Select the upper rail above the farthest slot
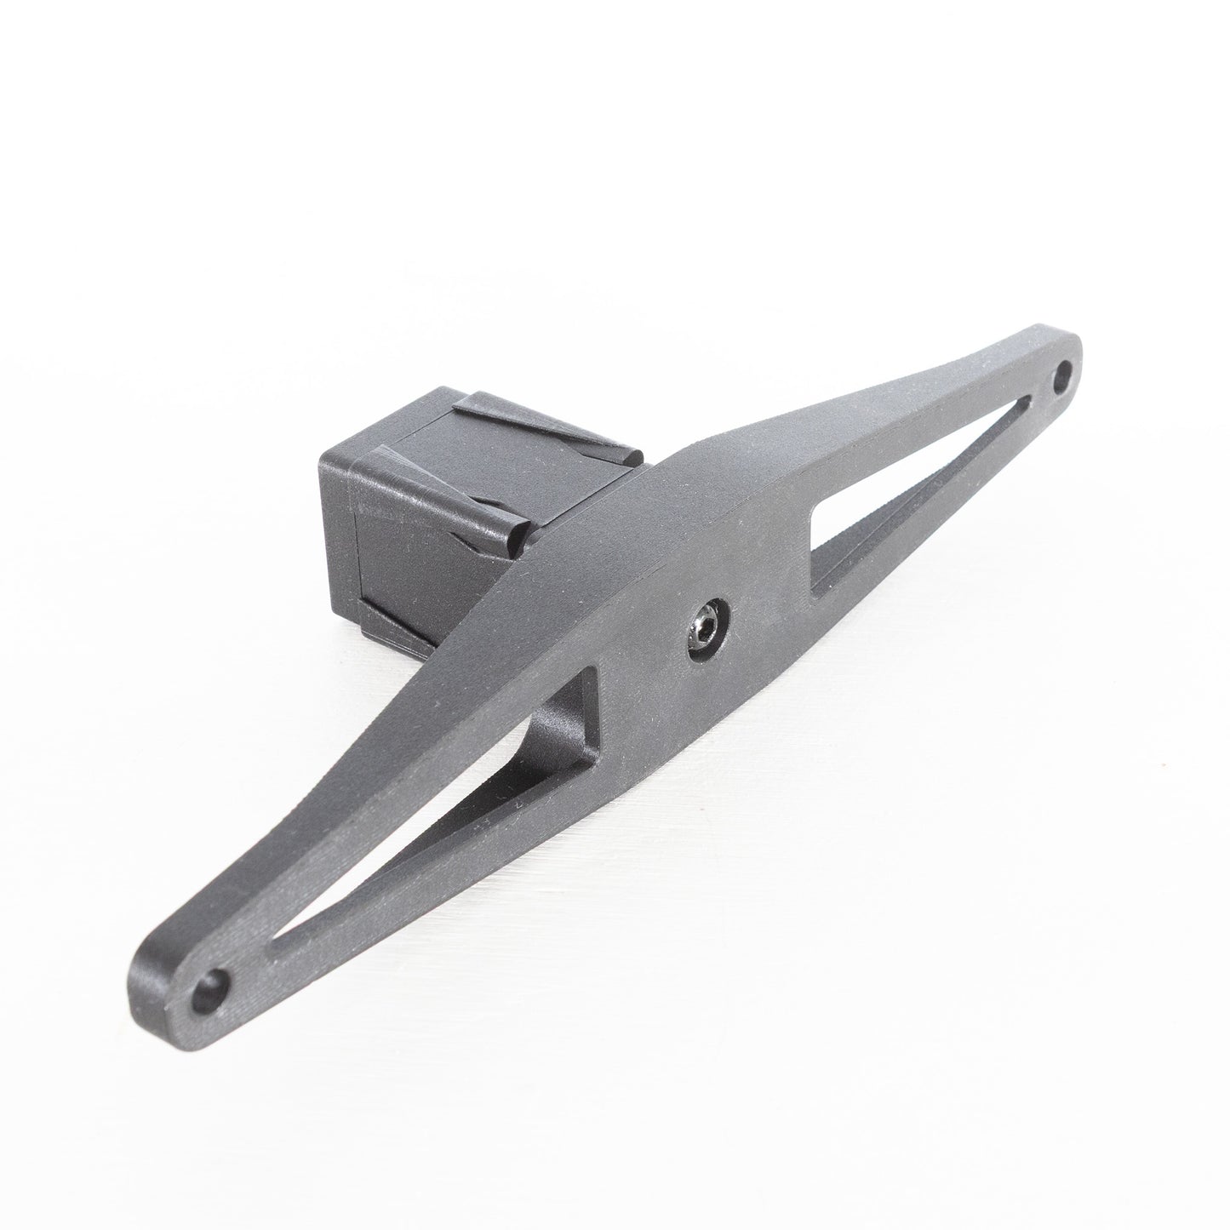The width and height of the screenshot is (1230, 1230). pyautogui.click(x=919, y=443)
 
